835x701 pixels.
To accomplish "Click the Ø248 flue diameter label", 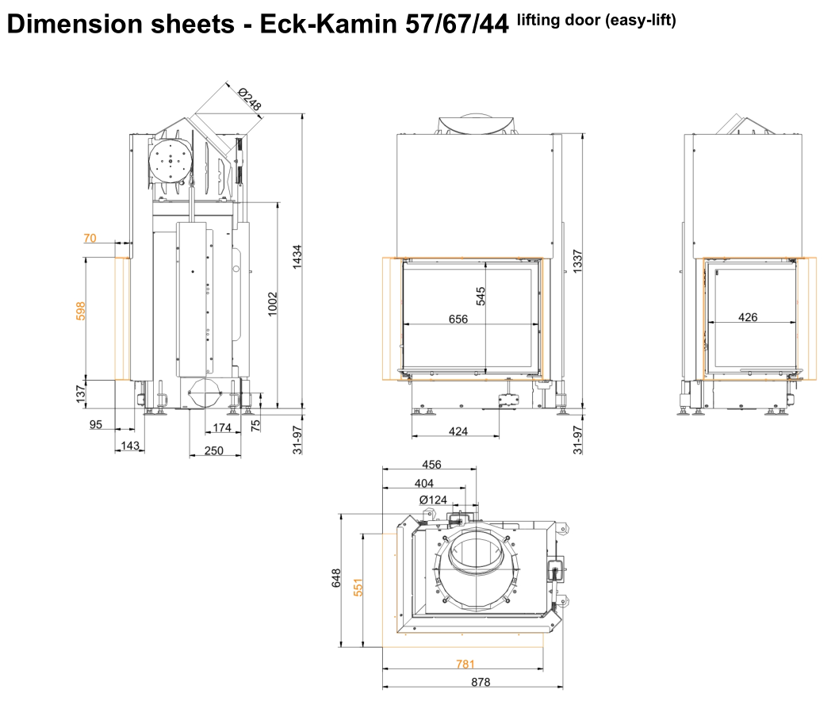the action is (250, 99).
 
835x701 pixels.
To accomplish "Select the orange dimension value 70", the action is (90, 238).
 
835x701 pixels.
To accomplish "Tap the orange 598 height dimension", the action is (80, 311).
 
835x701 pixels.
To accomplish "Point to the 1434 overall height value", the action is (297, 256).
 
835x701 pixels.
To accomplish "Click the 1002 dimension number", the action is (273, 304).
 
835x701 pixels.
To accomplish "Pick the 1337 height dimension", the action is (578, 262).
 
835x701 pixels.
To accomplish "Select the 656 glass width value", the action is (458, 319).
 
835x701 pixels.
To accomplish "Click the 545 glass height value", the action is (481, 296).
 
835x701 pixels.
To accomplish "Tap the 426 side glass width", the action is (748, 317).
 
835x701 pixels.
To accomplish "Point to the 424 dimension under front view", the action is (458, 431).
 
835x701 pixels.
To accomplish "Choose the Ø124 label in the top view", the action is (433, 500).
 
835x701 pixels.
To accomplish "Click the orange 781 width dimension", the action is (465, 664).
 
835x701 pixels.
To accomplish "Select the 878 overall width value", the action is (481, 682).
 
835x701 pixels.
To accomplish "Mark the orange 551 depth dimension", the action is (358, 587).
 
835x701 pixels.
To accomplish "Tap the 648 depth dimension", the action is (336, 578).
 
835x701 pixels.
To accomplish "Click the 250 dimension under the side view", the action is (213, 450).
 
